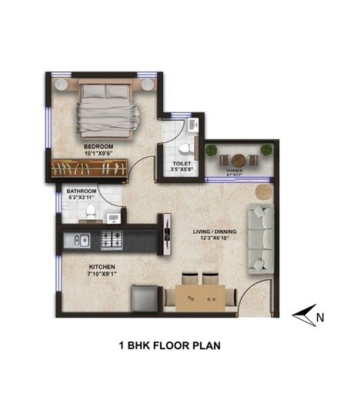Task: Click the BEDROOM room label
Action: [x=99, y=145]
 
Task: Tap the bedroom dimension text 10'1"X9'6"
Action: [x=99, y=153]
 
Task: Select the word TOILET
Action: [x=182, y=164]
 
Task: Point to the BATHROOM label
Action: [x=81, y=190]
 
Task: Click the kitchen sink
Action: [x=80, y=240]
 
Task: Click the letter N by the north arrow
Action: [x=321, y=315]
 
